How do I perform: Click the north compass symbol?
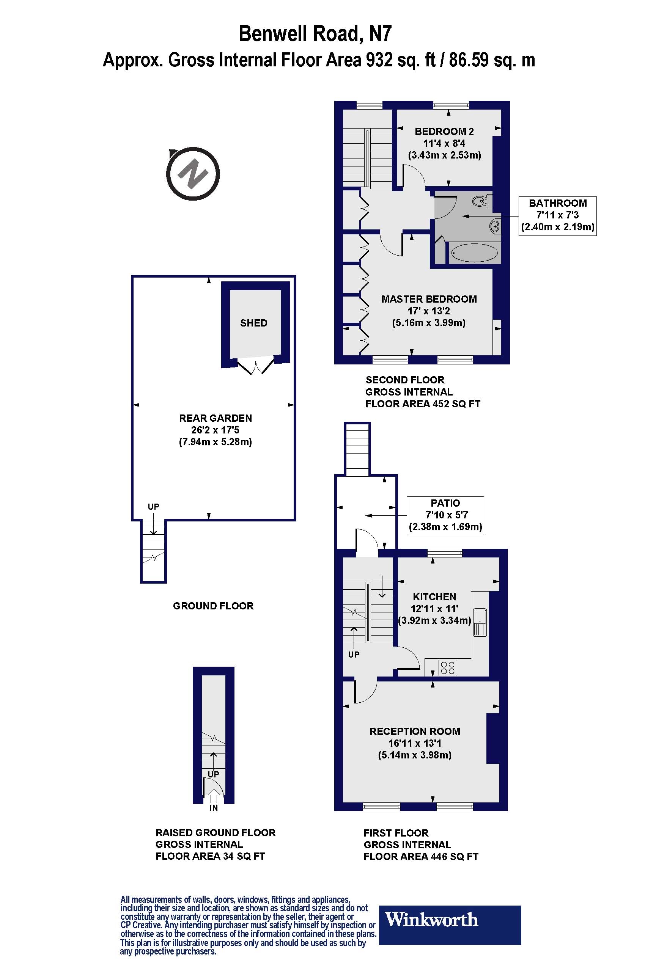click(192, 174)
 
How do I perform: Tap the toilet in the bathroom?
click(481, 201)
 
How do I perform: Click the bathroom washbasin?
click(495, 226)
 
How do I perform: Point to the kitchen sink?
click(480, 622)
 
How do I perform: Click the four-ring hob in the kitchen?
click(448, 668)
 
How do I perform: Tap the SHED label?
click(254, 323)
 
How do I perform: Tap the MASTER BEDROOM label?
click(429, 299)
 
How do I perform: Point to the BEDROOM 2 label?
click(444, 132)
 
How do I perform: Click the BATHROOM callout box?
click(557, 215)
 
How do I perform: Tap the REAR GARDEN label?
click(216, 418)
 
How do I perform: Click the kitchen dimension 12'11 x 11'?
click(434, 609)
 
